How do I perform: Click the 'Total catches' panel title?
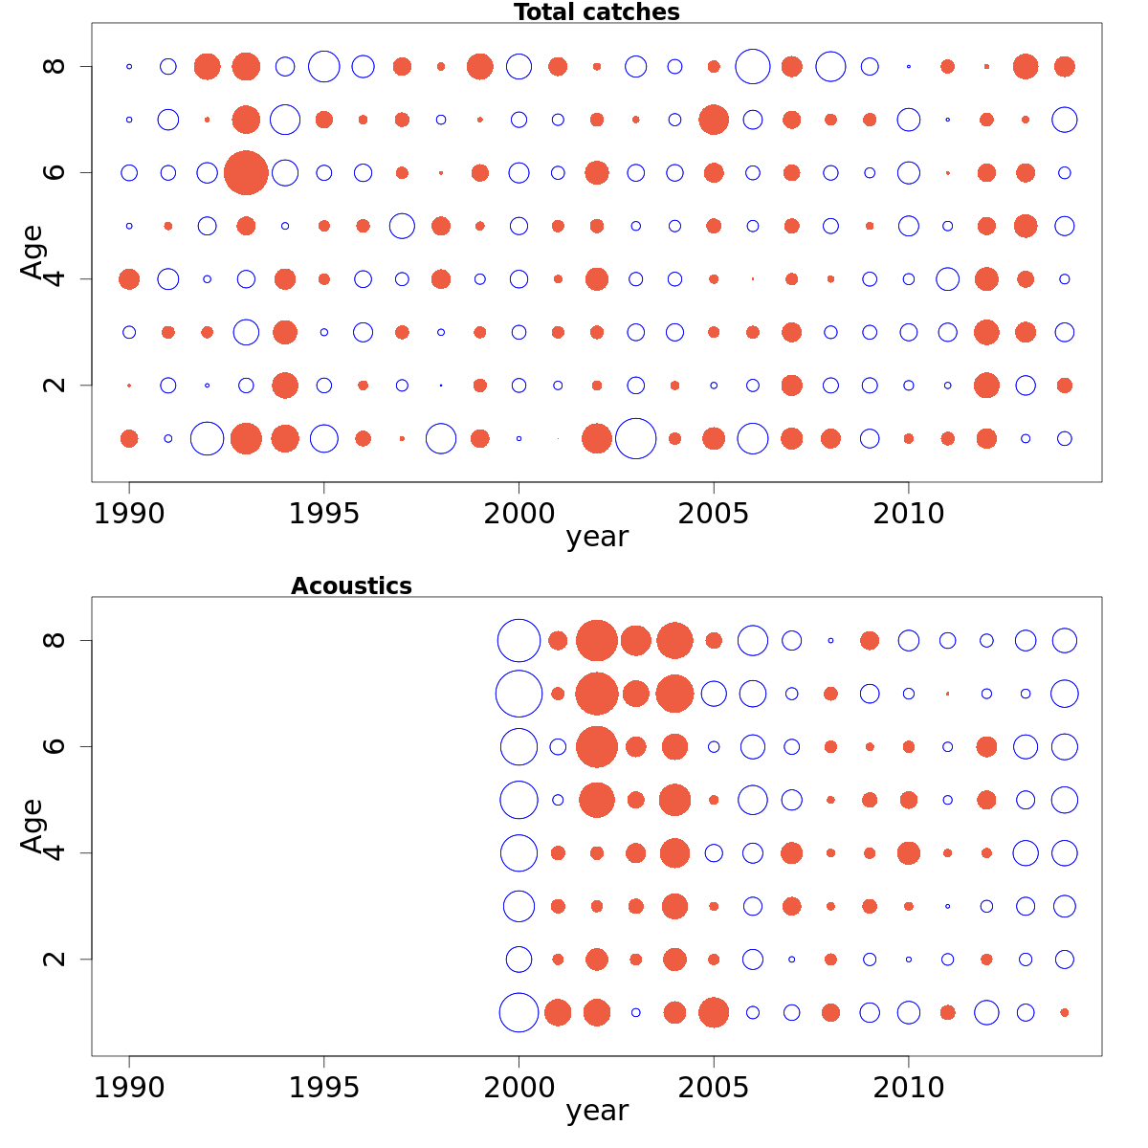596,12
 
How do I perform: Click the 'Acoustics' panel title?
351,586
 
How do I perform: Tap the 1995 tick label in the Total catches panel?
324,514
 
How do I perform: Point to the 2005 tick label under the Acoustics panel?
714,1088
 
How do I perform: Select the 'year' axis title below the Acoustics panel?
597,1112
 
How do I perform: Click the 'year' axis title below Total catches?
597,538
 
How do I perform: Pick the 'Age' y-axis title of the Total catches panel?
33,252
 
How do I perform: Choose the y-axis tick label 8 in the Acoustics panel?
55,640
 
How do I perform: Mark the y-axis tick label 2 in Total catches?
55,385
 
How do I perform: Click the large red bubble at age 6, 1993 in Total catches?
246,173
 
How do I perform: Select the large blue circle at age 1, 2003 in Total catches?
635,439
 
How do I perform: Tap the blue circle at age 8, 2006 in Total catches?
753,67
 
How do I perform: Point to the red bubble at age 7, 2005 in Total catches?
714,120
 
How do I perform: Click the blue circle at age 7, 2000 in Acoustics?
519,694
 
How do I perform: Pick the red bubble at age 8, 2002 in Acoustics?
597,640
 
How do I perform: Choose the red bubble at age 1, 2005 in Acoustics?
714,1012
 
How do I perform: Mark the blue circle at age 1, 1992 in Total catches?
207,439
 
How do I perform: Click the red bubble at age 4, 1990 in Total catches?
129,279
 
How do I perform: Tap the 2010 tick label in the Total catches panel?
909,514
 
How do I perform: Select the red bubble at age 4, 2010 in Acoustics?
909,852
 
